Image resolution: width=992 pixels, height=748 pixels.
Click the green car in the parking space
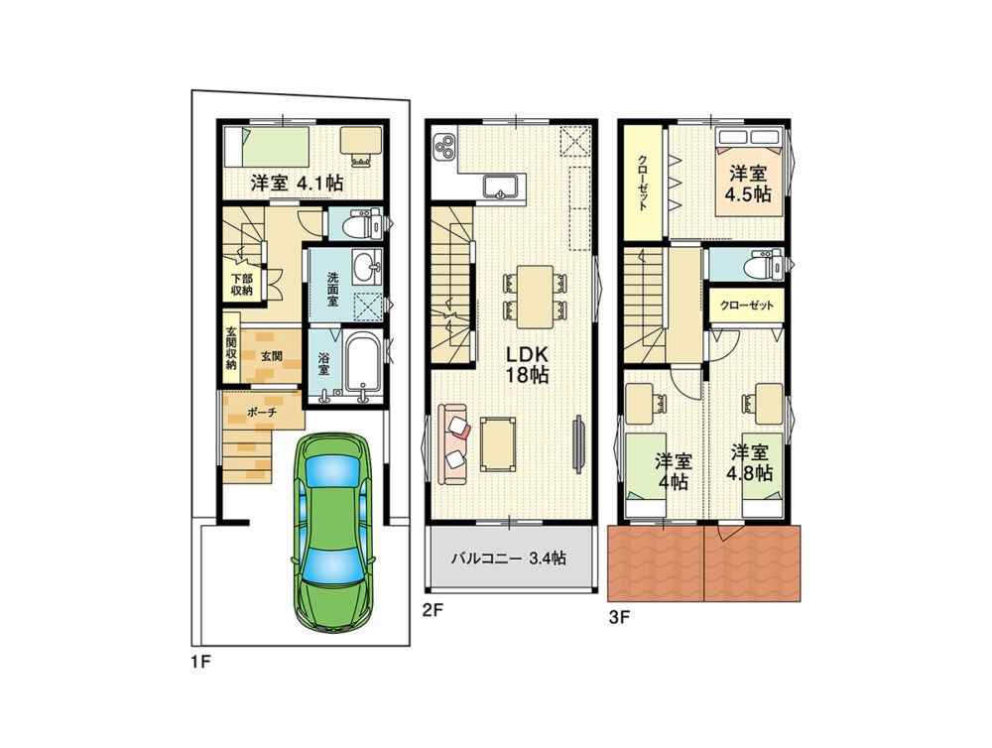pos(332,532)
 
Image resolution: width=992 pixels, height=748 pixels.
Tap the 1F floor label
pos(200,663)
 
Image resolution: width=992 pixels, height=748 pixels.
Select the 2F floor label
pos(434,611)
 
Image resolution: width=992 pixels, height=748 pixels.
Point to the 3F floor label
pos(619,617)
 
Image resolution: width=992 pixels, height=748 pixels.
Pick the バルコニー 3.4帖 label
pos(508,559)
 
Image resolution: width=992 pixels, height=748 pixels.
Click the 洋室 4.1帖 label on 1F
pos(297,184)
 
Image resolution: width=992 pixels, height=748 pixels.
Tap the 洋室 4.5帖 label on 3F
pos(748,184)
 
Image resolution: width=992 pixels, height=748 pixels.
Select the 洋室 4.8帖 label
pos(750,462)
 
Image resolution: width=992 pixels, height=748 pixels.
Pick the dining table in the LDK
pos(536,297)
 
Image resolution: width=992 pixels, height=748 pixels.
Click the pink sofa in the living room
pos(451,444)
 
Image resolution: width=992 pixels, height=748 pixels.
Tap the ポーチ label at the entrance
pos(262,413)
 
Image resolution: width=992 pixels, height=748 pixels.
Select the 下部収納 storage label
pos(242,285)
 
